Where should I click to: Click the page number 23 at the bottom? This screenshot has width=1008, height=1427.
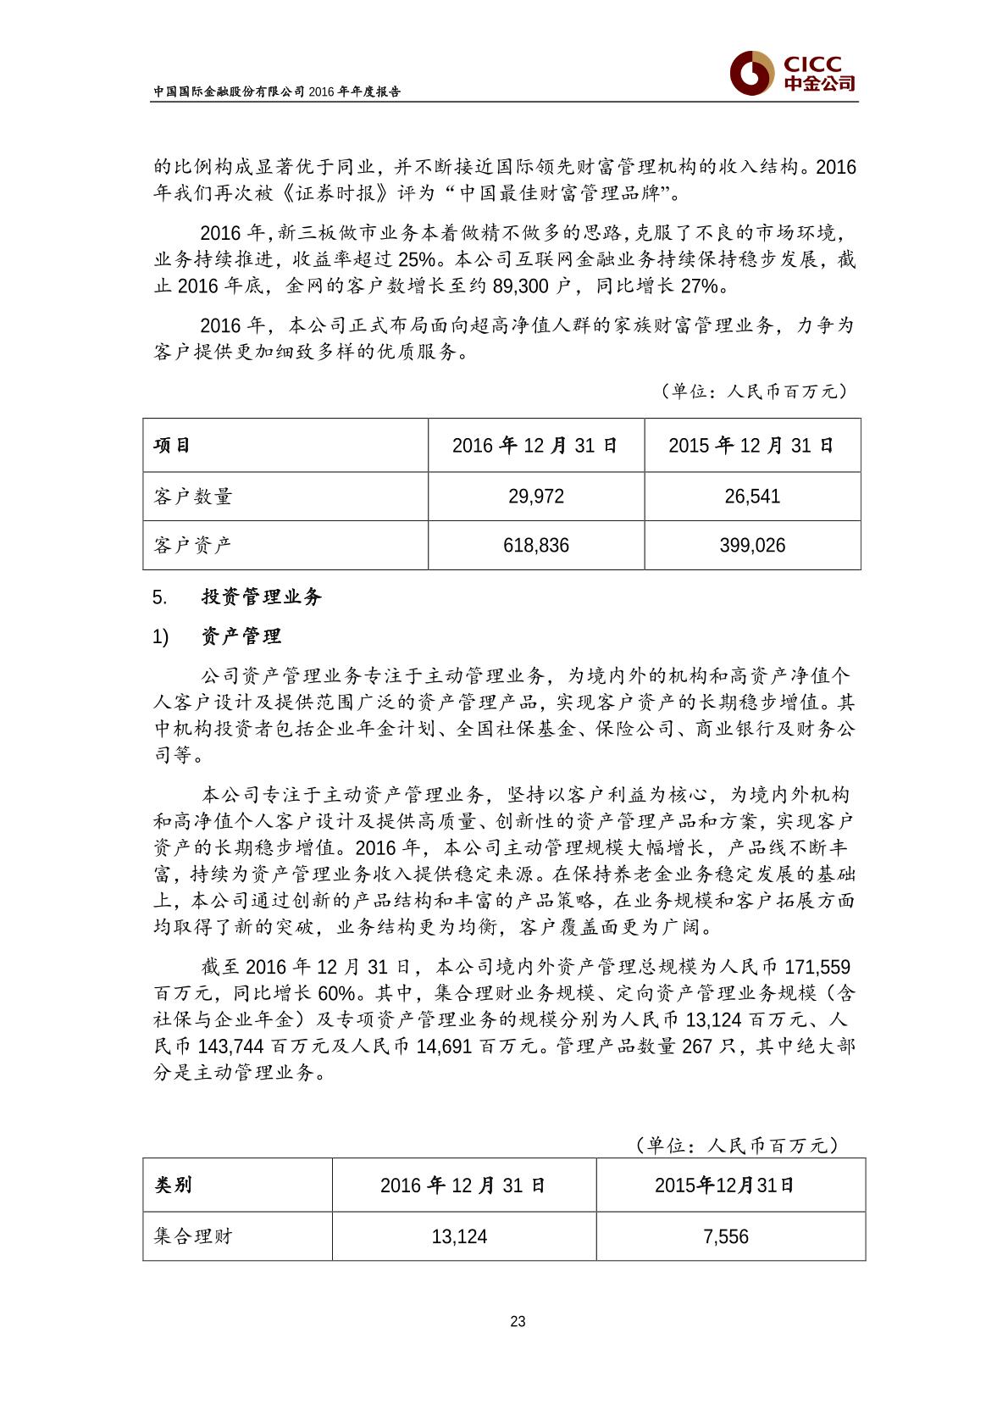point(518,1321)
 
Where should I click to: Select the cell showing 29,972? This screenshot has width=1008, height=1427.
point(536,497)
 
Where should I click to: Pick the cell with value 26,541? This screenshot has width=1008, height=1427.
point(752,497)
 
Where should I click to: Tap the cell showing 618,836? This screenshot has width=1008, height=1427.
point(536,546)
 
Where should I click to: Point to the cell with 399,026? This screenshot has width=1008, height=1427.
point(752,546)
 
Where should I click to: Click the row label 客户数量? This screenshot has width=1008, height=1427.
point(193,497)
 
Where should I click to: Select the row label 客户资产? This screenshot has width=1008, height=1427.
point(193,546)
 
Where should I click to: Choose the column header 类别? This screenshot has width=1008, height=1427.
point(173,1185)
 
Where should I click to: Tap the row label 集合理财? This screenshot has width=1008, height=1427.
point(193,1236)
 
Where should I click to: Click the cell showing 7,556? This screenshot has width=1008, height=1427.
point(726,1237)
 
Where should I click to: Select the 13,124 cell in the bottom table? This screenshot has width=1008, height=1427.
point(459,1237)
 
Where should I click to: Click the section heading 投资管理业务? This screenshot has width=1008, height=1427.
point(262,597)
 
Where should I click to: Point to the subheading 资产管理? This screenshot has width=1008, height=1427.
point(241,636)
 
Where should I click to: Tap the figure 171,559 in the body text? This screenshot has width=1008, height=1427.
point(817,967)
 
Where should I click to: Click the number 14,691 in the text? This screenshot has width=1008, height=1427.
point(445,1046)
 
